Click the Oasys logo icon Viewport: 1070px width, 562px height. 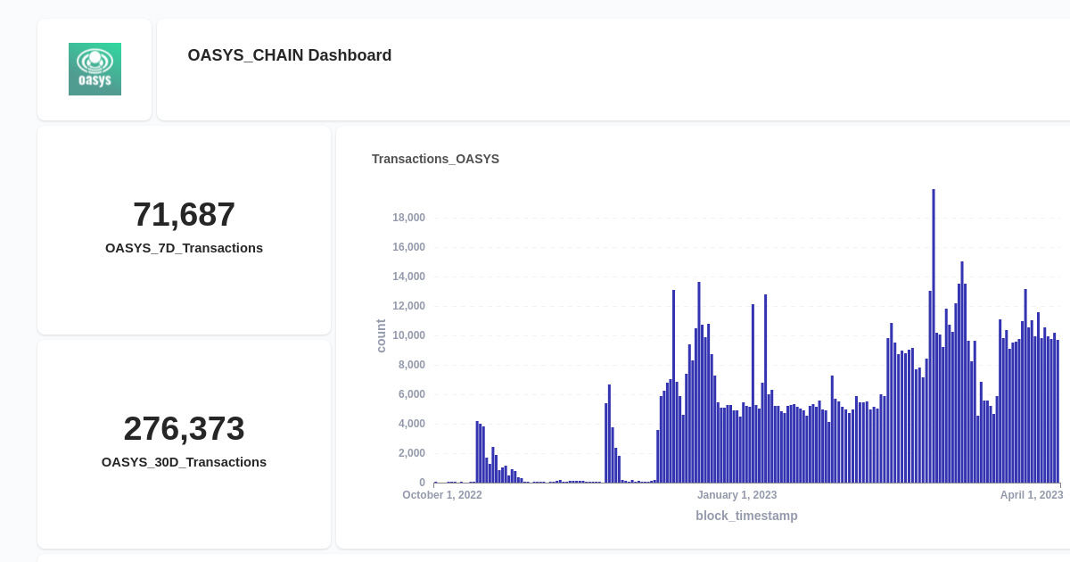(95, 69)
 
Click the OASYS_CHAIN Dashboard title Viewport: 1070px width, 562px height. (289, 55)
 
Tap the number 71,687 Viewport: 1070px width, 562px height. (184, 214)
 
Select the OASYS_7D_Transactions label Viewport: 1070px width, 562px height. (184, 248)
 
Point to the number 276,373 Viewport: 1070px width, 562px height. (184, 428)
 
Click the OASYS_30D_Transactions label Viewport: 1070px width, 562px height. (184, 462)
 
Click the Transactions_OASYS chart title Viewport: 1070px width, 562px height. (435, 159)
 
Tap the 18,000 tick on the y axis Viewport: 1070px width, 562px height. (408, 218)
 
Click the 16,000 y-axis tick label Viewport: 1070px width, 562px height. (408, 247)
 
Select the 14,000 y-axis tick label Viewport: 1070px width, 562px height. (408, 277)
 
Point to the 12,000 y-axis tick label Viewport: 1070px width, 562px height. (408, 306)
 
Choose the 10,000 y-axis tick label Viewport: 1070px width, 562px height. (408, 335)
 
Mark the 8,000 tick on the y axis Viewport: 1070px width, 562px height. (411, 365)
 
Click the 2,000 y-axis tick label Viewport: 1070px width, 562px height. (411, 453)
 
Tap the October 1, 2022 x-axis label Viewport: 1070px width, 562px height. (442, 495)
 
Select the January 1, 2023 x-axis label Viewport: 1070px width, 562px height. (737, 495)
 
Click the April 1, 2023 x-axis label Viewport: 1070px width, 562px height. (1032, 495)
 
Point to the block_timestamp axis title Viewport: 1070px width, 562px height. (746, 516)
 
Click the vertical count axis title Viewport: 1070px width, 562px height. (381, 335)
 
